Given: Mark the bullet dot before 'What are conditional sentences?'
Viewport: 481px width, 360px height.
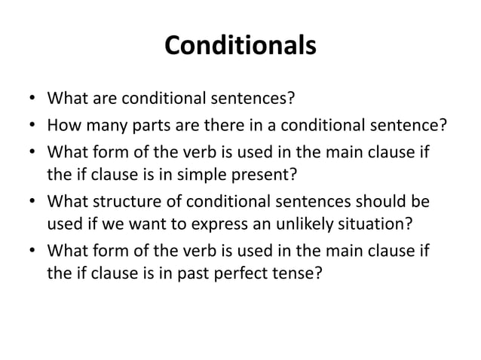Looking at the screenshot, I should [31, 99].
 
